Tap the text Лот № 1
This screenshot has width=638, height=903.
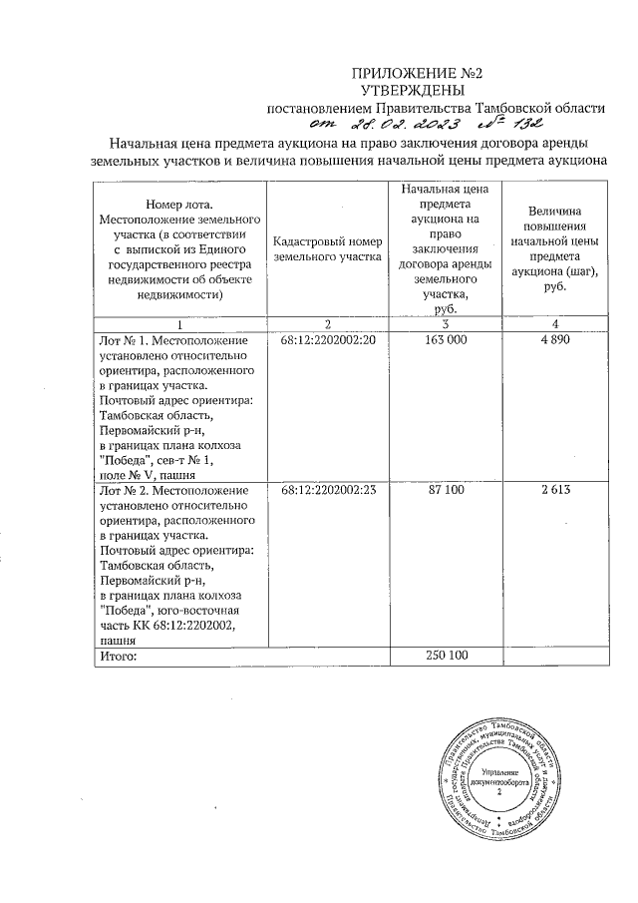(x=123, y=341)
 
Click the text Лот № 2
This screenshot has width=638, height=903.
(x=123, y=492)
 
